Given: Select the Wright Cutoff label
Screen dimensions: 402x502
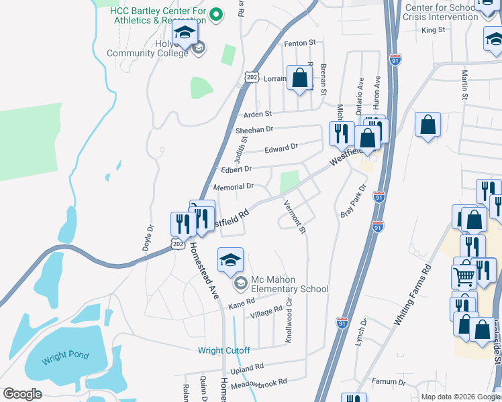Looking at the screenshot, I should tap(223, 350).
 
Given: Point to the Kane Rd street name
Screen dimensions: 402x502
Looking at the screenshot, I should tap(242, 304).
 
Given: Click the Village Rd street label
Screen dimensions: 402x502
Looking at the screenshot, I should tap(266, 313).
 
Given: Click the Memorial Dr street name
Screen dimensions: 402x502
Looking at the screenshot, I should tap(233, 187).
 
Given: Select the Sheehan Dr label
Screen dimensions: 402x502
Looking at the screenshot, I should tap(254, 129).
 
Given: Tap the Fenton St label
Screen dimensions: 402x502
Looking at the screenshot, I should tap(300, 43).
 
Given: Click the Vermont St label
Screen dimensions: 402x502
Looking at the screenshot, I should tap(294, 217).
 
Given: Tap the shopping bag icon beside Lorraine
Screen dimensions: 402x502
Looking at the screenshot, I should tap(300, 78).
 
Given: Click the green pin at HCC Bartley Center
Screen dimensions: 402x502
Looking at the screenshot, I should tap(216, 13).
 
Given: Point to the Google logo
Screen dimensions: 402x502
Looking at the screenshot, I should tap(22, 394).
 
